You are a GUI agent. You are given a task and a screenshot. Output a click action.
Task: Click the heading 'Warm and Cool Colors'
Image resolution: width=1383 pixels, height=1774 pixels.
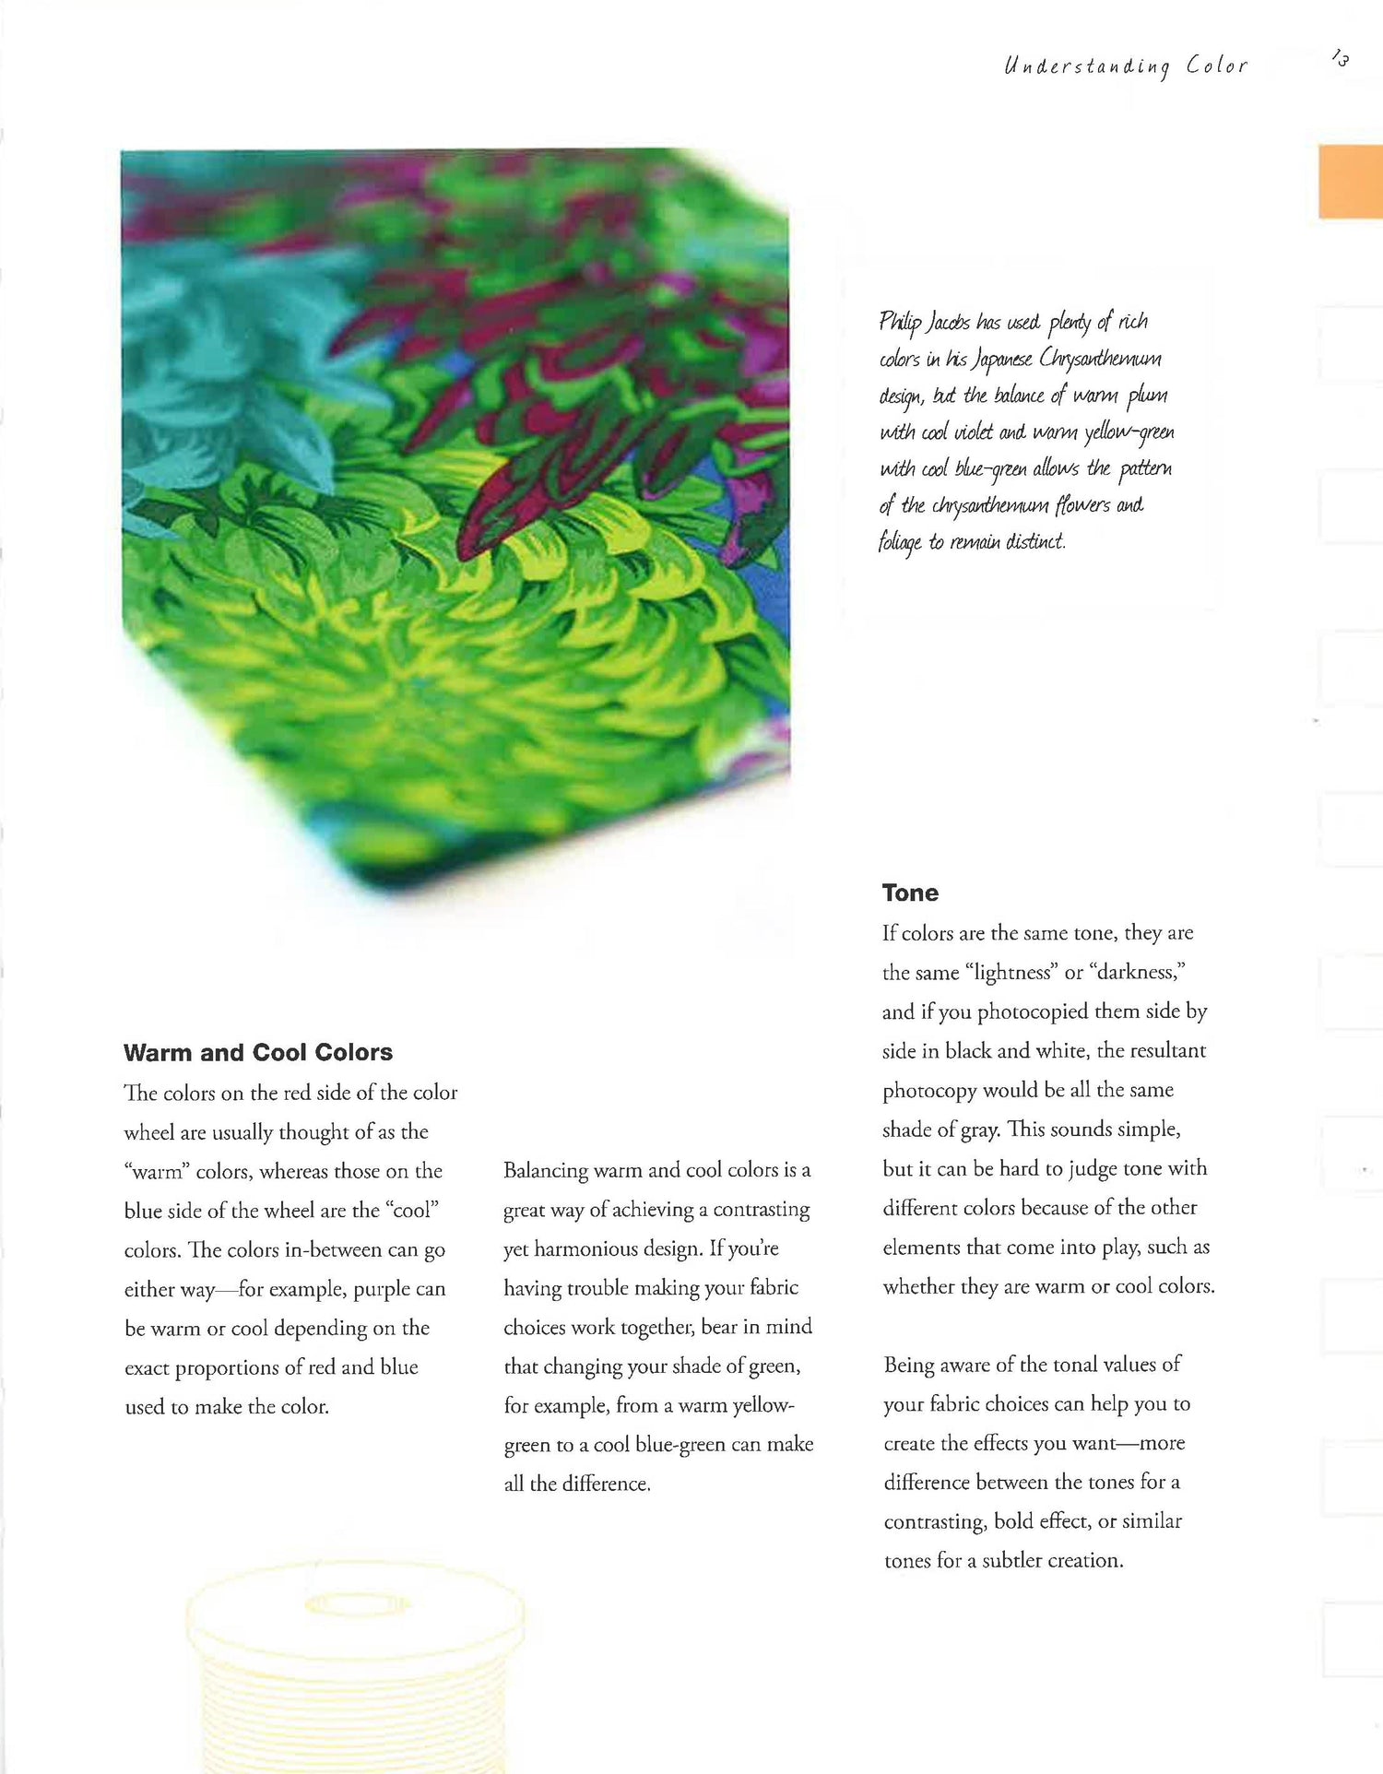click(258, 1052)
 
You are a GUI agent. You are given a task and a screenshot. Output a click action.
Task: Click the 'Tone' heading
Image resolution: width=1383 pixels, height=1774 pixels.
click(910, 893)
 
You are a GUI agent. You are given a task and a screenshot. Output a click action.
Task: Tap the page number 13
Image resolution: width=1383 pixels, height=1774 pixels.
click(1341, 59)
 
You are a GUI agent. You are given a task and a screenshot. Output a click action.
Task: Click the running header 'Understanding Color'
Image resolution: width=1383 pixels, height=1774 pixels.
click(1125, 66)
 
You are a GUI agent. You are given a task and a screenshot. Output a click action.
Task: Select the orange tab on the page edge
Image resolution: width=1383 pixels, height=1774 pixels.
click(1350, 182)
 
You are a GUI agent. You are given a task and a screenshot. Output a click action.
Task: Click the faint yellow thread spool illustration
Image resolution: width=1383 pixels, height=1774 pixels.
click(355, 1660)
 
